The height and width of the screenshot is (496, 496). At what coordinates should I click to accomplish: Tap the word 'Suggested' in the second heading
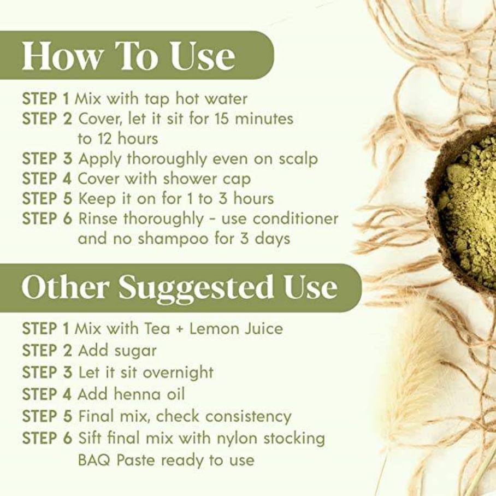(x=196, y=286)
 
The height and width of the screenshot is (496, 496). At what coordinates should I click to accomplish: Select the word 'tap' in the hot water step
(x=157, y=99)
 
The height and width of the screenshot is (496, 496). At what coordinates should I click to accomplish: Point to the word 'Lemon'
(x=212, y=329)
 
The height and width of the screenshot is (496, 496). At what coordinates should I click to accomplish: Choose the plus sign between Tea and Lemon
(x=180, y=329)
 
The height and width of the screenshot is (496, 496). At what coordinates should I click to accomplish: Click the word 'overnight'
(x=178, y=373)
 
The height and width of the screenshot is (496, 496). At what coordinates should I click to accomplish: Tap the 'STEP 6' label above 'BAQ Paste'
(x=47, y=439)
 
